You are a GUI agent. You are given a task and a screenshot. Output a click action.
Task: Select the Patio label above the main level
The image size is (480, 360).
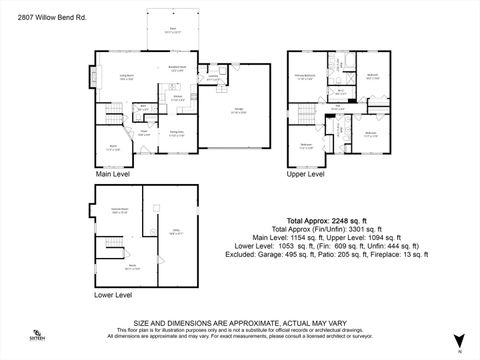tap(173, 29)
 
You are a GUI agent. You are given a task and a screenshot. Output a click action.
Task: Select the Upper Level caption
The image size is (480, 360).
tap(306, 174)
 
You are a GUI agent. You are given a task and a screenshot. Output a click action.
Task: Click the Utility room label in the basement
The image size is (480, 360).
tap(175, 232)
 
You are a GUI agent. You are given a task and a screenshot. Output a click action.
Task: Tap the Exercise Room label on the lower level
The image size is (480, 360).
tap(119, 211)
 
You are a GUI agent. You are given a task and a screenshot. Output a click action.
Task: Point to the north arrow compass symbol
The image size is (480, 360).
tap(459, 340)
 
